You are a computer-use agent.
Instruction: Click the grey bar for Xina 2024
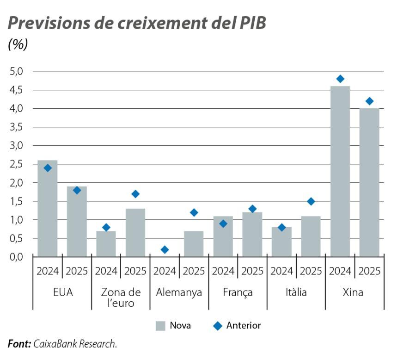click(x=340, y=171)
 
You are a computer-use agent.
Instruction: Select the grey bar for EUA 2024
click(x=48, y=208)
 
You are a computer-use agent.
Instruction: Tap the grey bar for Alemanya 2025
click(x=194, y=244)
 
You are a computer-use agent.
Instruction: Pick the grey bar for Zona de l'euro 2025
click(x=135, y=233)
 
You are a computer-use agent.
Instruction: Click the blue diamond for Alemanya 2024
click(x=165, y=249)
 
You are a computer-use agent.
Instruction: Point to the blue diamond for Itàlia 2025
click(x=311, y=201)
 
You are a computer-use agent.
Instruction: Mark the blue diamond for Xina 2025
click(x=369, y=101)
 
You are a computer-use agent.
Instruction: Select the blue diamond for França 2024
click(x=223, y=223)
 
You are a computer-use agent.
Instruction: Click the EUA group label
click(x=62, y=292)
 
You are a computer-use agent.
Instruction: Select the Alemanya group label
click(x=179, y=292)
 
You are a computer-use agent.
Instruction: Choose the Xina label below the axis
click(x=355, y=292)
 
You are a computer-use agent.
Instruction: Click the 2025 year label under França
click(x=252, y=271)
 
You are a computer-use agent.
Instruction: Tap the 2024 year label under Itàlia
click(x=281, y=271)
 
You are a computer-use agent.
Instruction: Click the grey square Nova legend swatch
click(x=160, y=326)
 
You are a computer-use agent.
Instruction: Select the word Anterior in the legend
click(x=244, y=325)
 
